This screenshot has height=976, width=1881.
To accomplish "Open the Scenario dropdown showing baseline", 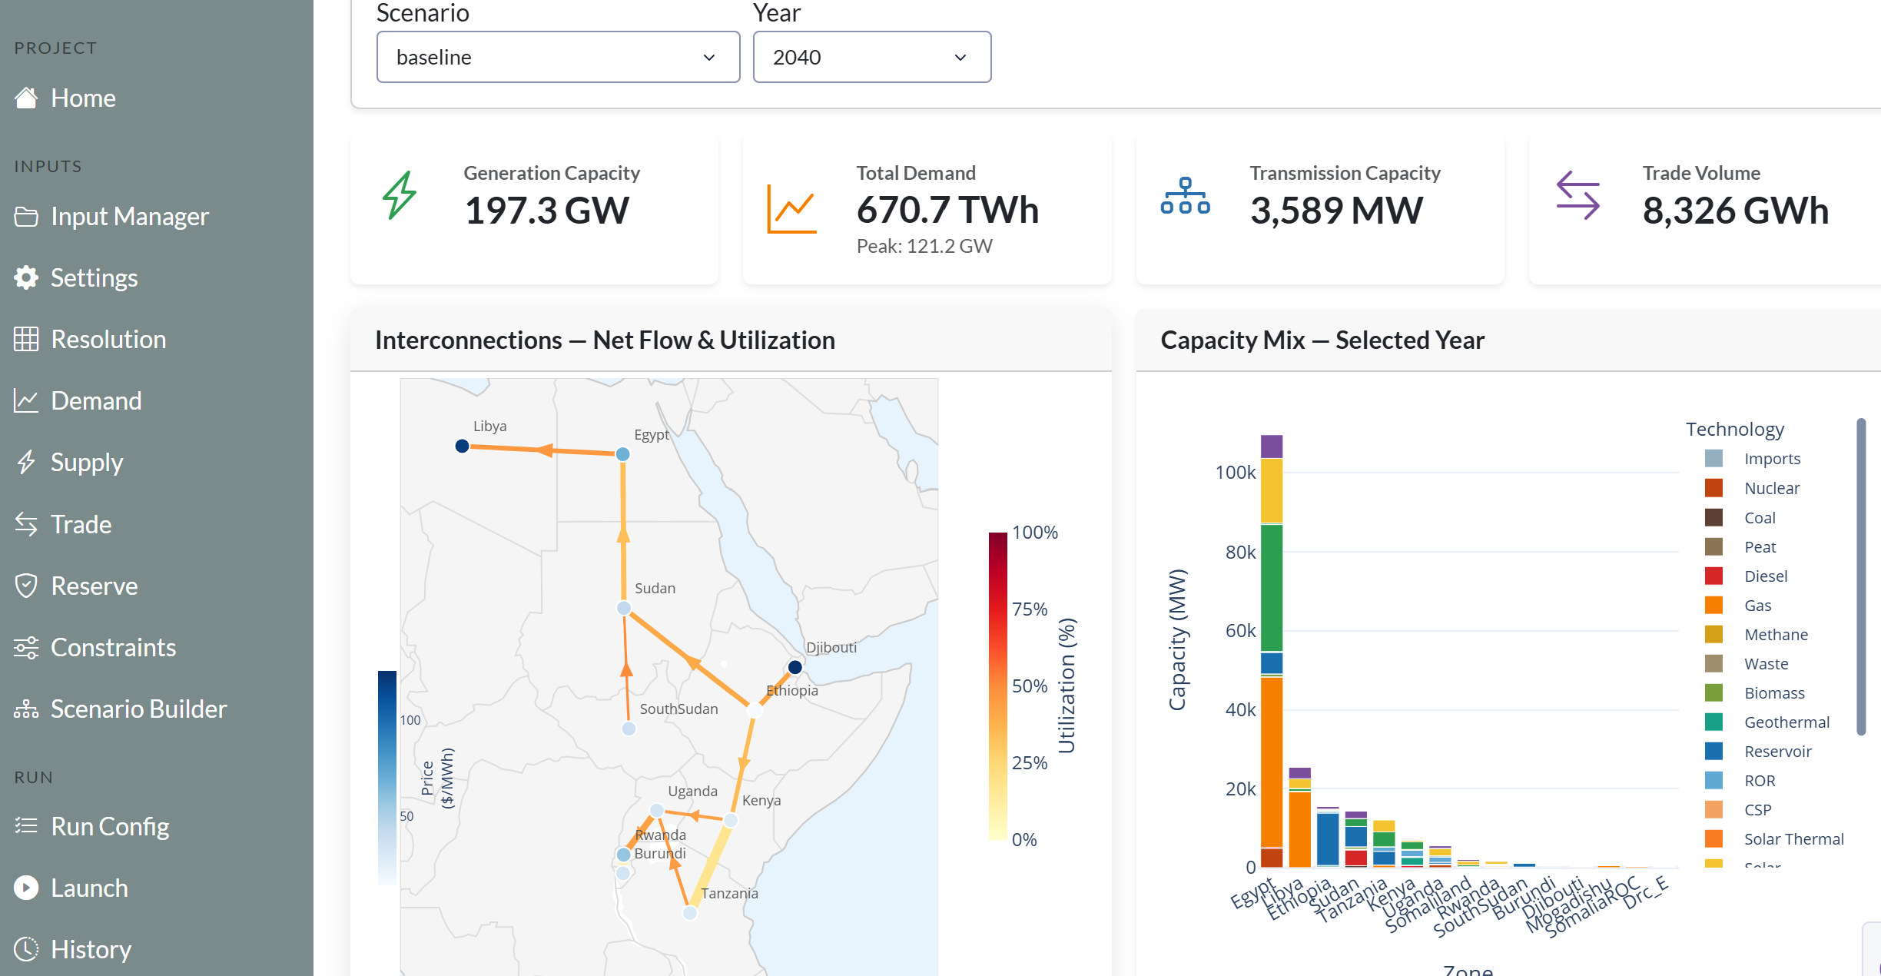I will [x=558, y=57].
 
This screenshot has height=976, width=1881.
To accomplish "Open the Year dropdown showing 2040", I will [x=871, y=57].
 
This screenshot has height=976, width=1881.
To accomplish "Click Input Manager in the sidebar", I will [x=129, y=217].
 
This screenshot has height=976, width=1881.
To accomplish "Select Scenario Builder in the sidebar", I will [x=138, y=709].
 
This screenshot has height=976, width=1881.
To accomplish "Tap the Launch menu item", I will [x=89, y=888].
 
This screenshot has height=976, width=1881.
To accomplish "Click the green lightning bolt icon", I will [x=400, y=195].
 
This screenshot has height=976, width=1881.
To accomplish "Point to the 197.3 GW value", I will [x=547, y=211].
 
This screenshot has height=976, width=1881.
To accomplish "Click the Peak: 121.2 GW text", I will [x=924, y=246].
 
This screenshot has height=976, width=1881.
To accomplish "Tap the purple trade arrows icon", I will [x=1577, y=195].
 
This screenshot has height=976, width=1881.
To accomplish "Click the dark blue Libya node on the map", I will [x=462, y=446].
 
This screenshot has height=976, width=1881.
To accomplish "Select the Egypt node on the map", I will [x=623, y=454].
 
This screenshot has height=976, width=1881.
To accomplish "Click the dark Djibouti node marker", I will [x=795, y=667].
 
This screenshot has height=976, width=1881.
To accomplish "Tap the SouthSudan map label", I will [x=678, y=709].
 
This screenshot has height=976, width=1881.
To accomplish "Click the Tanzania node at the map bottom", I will [x=690, y=912].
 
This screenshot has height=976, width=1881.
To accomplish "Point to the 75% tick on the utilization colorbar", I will [x=1030, y=609].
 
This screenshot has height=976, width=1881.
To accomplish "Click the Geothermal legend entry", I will [x=1786, y=722].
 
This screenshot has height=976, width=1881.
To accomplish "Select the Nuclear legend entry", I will [x=1772, y=488].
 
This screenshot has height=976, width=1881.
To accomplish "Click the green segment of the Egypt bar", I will [x=1272, y=588].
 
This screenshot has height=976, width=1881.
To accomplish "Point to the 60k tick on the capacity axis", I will [x=1240, y=631].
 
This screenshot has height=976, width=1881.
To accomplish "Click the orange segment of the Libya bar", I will [x=1300, y=828].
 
